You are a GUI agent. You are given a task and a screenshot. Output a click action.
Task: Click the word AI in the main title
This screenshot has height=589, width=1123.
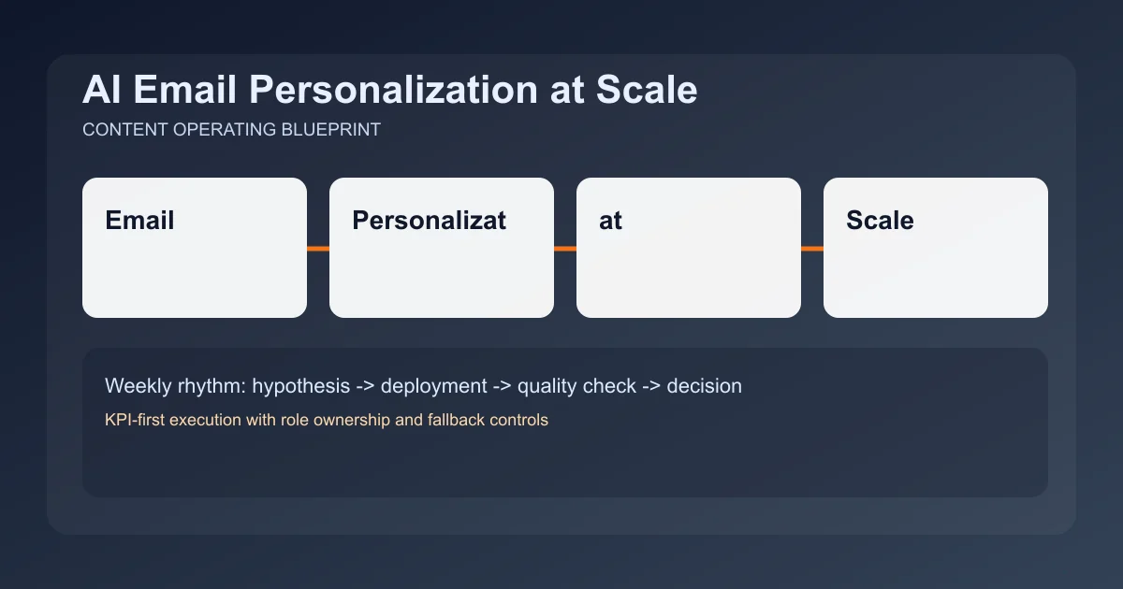tap(98, 91)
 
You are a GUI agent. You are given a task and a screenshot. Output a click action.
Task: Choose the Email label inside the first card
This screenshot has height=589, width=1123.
tap(139, 221)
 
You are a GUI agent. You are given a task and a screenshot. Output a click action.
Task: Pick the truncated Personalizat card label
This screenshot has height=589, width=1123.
tap(429, 221)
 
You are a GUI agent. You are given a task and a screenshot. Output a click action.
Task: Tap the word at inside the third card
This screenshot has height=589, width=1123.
tap(610, 221)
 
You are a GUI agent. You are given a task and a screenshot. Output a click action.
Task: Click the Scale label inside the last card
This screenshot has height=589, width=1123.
tap(880, 221)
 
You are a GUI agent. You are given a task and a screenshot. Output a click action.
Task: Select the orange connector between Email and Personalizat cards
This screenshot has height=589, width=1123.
tap(318, 249)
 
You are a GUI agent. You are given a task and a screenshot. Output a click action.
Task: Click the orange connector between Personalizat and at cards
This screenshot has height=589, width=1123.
tap(565, 249)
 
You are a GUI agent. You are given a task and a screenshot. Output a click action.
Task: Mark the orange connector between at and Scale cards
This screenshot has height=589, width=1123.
tap(812, 249)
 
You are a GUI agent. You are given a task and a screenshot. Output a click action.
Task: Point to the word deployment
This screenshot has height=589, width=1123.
tap(433, 385)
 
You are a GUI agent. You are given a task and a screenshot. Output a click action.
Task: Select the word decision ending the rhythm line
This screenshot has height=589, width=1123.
tap(704, 385)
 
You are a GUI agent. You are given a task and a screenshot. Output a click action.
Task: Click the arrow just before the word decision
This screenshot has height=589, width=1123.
tap(651, 385)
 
